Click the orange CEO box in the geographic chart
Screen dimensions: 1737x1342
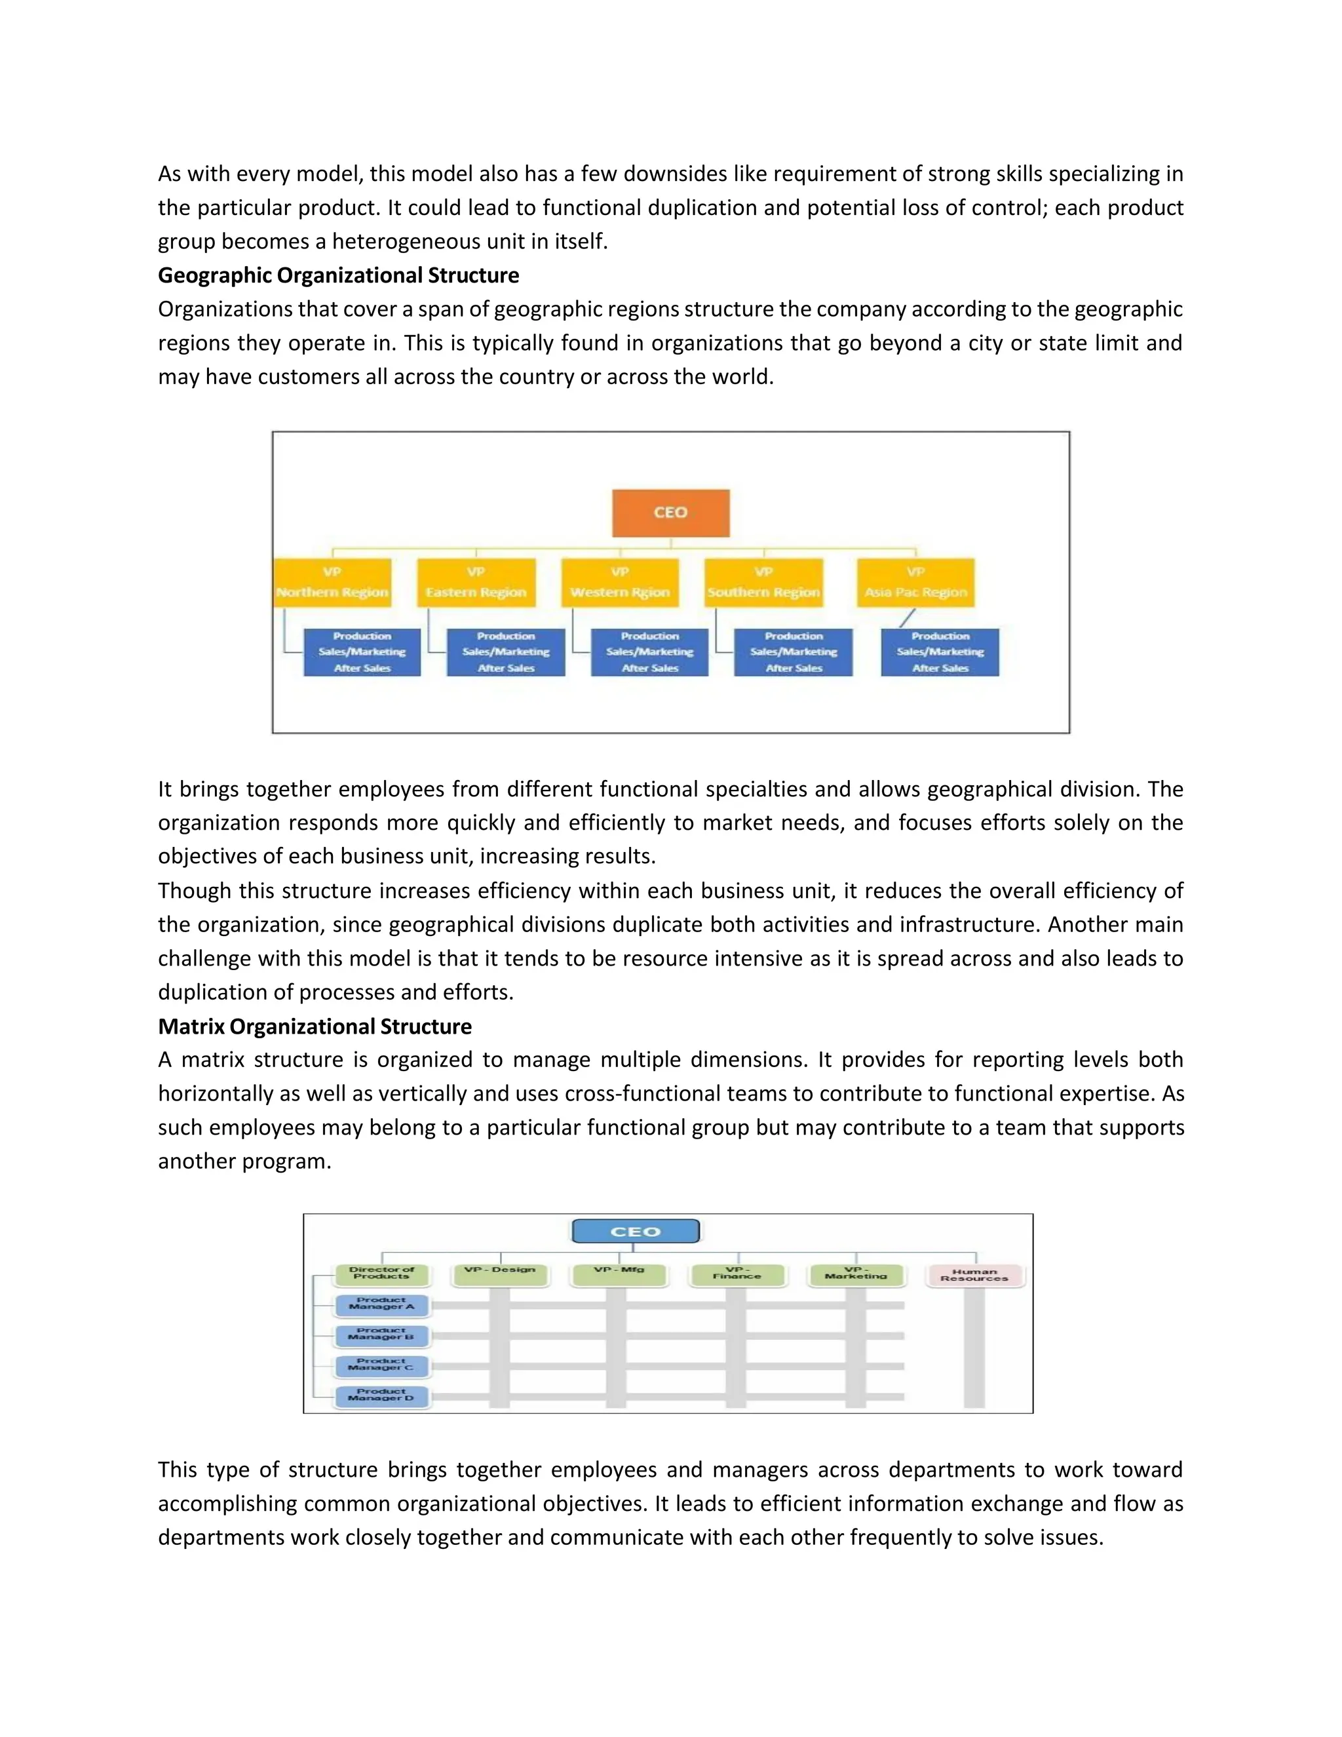pyautogui.click(x=670, y=513)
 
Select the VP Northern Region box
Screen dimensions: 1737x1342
pyautogui.click(x=332, y=583)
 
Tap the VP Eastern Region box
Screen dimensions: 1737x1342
pyautogui.click(x=476, y=583)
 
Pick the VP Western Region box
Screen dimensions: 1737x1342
pyautogui.click(x=620, y=583)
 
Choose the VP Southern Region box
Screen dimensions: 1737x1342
pyautogui.click(x=763, y=583)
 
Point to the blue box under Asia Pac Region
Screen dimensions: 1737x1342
pyautogui.click(x=940, y=652)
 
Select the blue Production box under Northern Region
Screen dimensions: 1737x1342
pyautogui.click(x=362, y=652)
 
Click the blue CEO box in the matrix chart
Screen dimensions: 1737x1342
pyautogui.click(x=635, y=1231)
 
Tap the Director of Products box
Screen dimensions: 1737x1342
pyautogui.click(x=381, y=1274)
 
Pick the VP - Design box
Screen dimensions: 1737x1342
pyautogui.click(x=499, y=1272)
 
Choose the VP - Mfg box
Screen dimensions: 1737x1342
pyautogui.click(x=619, y=1272)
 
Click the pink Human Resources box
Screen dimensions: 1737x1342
pyautogui.click(x=974, y=1275)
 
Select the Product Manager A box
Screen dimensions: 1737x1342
pyautogui.click(x=381, y=1304)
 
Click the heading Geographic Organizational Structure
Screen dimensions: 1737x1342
pyautogui.click(x=338, y=275)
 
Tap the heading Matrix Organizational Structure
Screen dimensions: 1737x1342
pyautogui.click(x=315, y=1026)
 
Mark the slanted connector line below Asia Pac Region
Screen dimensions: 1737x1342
pyautogui.click(x=907, y=618)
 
